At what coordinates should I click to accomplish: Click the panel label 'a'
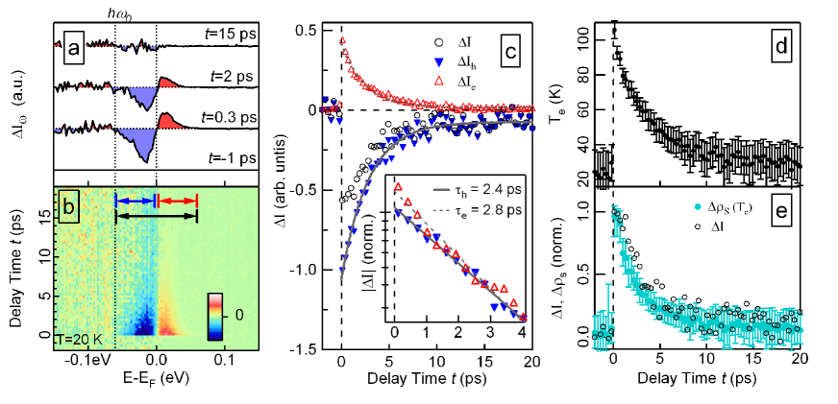(72, 45)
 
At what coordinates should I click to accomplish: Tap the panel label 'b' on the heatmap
(68, 204)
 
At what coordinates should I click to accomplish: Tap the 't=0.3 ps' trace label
(228, 118)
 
